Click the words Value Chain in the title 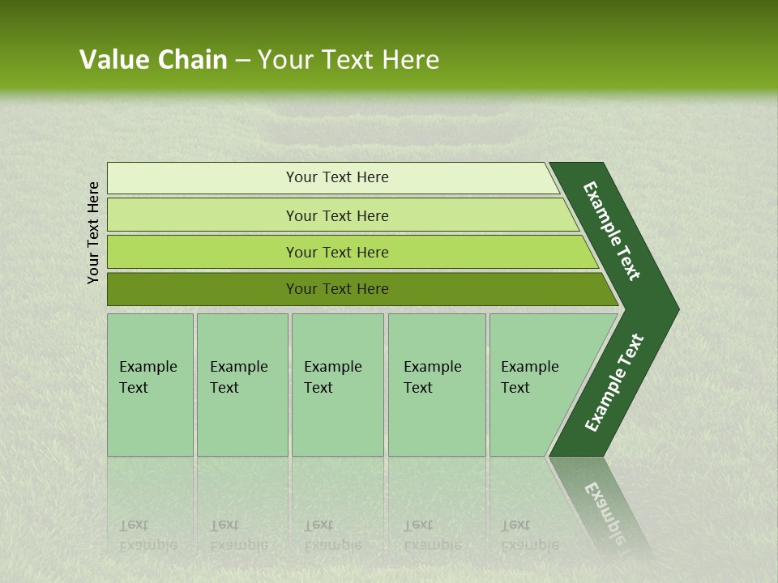pos(153,60)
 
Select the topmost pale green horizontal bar pos(203,178)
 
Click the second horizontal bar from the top pos(203,215)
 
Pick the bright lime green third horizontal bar pos(203,253)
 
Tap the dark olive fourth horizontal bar pos(203,289)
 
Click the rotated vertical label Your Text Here pos(93,232)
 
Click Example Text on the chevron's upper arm pos(612,231)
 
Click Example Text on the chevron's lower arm pos(613,382)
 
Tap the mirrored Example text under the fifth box pos(529,544)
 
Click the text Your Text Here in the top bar pos(337,177)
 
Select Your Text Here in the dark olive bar pos(337,289)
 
